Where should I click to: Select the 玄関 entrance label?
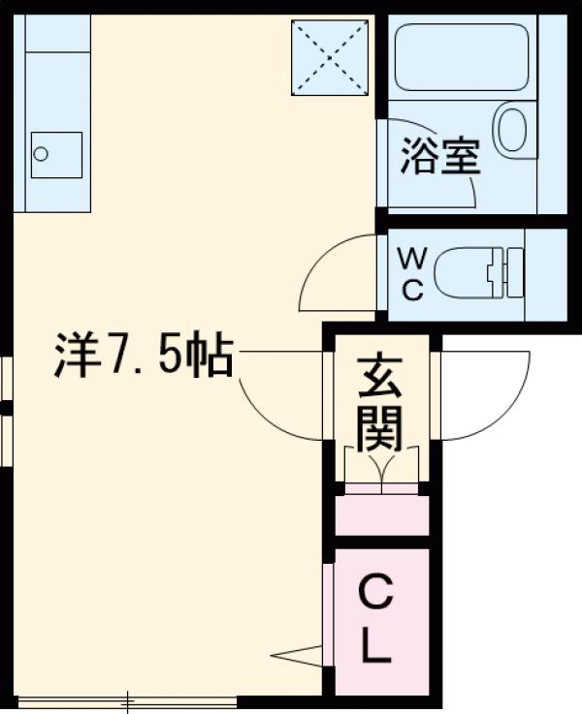tap(379, 405)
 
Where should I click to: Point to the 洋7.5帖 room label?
tap(142, 357)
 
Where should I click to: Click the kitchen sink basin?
tap(55, 154)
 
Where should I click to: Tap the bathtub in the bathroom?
tap(462, 57)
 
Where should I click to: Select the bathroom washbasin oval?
tap(512, 131)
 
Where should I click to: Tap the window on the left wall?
tap(6, 407)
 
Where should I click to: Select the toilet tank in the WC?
tap(510, 273)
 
